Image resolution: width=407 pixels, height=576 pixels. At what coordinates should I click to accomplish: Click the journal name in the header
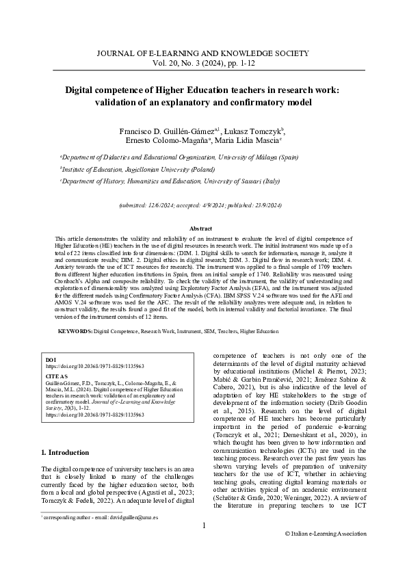(x=203, y=53)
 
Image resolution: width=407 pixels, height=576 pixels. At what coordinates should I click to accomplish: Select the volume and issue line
(x=203, y=62)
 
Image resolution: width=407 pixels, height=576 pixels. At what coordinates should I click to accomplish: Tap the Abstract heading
(x=203, y=228)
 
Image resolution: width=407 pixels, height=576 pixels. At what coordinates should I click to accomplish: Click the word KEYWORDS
(x=75, y=331)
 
